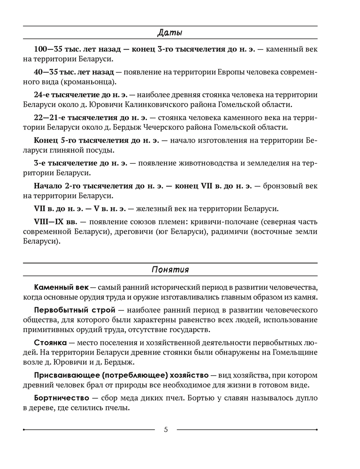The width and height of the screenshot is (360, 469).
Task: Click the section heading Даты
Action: coord(170,33)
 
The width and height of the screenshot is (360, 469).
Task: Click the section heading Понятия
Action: coord(170,270)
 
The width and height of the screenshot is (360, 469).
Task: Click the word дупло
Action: coord(306,398)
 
